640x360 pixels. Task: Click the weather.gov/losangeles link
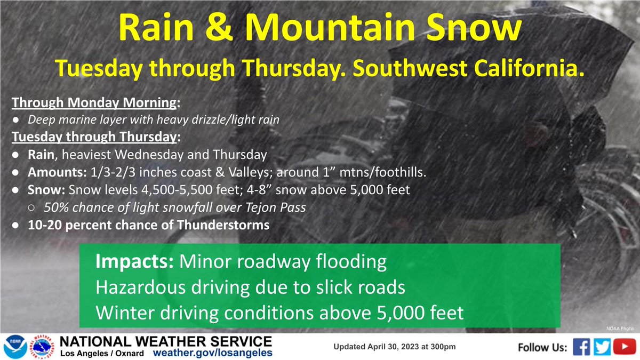coord(213,353)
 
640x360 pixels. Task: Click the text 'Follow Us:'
coord(542,348)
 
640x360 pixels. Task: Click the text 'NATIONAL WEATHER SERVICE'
coord(166,341)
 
